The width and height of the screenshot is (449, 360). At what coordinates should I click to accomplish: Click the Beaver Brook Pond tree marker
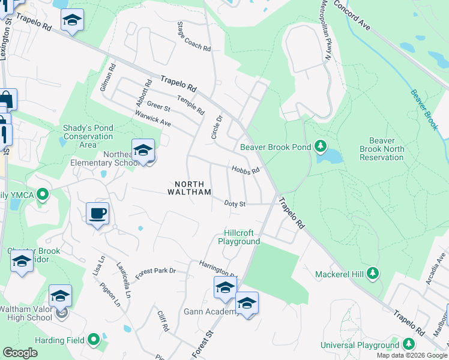coord(320,146)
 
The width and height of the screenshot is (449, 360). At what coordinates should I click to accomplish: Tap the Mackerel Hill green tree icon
coord(373,274)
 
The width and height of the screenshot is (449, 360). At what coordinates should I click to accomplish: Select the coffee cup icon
coord(97,213)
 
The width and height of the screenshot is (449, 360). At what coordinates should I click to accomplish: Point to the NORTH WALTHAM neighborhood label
coord(193,188)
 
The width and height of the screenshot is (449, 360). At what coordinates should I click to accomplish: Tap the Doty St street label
coord(235,204)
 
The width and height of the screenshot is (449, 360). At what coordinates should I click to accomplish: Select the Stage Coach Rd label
coord(194,37)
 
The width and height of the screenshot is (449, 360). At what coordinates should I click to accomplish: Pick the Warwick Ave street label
coord(153,119)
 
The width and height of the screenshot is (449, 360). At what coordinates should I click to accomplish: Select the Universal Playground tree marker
coord(409,344)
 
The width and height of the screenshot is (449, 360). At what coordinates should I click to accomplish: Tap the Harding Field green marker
coord(93,340)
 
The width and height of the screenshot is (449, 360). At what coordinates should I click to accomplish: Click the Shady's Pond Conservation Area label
coord(88,136)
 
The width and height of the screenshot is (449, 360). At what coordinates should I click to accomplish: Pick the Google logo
coord(20,353)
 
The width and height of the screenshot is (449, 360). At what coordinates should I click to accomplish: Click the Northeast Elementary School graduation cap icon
coord(143,150)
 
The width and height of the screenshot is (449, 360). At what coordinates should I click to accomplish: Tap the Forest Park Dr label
coord(155,271)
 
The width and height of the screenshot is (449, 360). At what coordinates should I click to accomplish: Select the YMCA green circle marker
coord(43,194)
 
